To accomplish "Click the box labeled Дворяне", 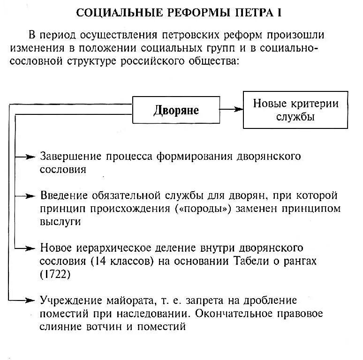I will coord(176,111).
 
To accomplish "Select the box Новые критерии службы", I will coord(295,110).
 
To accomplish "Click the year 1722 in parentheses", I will coord(55,274).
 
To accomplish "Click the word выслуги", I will coord(61,222).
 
